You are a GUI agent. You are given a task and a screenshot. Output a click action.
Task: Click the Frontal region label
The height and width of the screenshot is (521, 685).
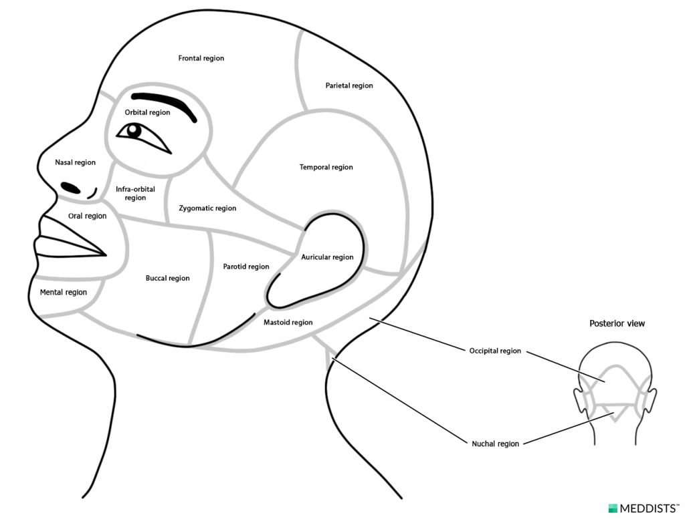coord(201,59)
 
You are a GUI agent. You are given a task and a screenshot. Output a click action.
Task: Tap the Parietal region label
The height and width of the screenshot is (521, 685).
coord(349,86)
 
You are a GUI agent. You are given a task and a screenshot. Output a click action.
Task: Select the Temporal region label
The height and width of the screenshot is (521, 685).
coord(326,168)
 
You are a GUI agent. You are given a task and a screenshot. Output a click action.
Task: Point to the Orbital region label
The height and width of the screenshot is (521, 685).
coord(147,113)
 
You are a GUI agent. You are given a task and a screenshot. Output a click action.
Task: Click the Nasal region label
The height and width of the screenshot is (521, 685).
coord(75,163)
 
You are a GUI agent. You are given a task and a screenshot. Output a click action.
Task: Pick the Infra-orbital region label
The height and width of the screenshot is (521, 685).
coord(135,194)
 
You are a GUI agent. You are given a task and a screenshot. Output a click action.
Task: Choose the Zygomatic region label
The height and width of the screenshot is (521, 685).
coord(207,208)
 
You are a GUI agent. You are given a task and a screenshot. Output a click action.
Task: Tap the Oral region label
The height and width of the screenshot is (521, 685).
coord(87,216)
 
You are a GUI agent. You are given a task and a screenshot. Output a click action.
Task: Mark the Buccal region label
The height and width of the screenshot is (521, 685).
coord(167,279)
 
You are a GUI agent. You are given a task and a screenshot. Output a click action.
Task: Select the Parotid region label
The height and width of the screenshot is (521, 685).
coord(246,267)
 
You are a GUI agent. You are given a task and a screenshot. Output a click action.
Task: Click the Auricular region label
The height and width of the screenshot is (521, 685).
coord(327,258)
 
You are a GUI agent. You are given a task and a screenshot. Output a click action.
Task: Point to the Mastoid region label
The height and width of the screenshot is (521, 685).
coord(288,323)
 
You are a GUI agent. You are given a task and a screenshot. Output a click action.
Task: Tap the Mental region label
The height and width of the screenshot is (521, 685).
coord(63,293)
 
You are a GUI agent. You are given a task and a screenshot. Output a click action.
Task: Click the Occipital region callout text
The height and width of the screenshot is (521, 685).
coord(495,351)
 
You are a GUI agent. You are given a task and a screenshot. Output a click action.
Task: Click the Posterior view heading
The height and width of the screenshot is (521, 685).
coord(617,324)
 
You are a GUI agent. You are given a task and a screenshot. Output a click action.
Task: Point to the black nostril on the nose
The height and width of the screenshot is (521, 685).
coord(70,188)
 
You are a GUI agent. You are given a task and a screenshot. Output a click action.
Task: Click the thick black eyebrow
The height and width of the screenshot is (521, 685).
coord(165,103)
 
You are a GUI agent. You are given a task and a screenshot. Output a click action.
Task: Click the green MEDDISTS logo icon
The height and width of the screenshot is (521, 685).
coord(613,508)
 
